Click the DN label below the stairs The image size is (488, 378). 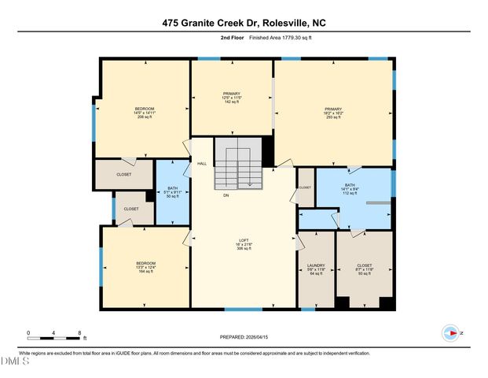click(226, 195)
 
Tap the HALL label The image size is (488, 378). click(202, 163)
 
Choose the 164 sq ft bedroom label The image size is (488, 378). click(145, 267)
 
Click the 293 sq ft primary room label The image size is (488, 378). click(334, 113)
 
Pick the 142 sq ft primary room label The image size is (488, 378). click(231, 97)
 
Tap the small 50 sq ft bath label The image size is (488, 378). click(173, 191)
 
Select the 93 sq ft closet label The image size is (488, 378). click(364, 269)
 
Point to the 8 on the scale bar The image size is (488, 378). click(79, 333)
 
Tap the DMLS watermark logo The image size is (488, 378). click(14, 361)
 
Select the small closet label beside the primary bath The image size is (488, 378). click(305, 187)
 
